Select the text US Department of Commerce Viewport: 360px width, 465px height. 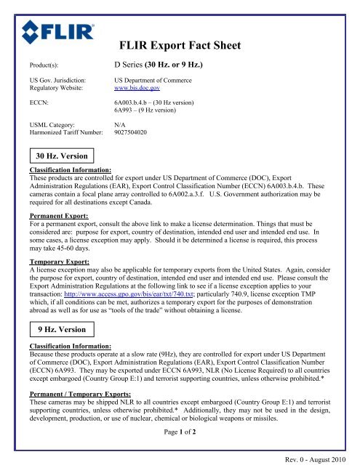click(x=158, y=77)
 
